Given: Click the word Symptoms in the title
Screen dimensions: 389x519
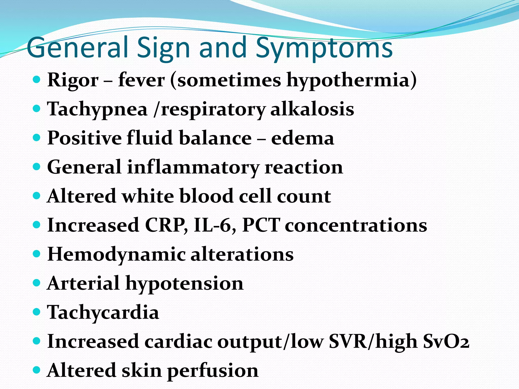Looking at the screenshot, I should pyautogui.click(x=324, y=48).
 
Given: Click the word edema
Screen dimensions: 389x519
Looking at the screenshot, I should pyautogui.click(x=303, y=138).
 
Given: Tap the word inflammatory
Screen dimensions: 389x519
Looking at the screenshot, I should pyautogui.click(x=193, y=167).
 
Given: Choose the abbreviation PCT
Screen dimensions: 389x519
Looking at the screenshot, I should pyautogui.click(x=261, y=225).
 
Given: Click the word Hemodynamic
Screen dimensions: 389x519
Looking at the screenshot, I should pyautogui.click(x=117, y=254).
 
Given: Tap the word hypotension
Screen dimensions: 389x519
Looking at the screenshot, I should pyautogui.click(x=184, y=283).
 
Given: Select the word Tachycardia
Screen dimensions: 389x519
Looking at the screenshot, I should pyautogui.click(x=103, y=312).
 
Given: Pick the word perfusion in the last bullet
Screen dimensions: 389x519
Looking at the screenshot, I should pyautogui.click(x=213, y=371).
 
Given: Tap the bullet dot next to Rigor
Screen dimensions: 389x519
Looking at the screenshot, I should pyautogui.click(x=37, y=80).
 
